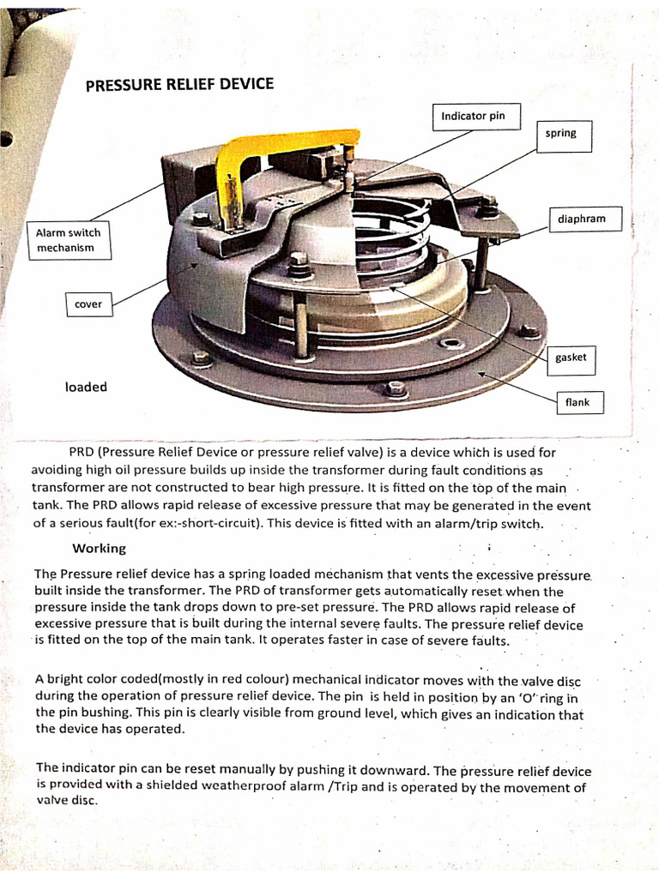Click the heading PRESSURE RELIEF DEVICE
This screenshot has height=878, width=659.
tap(180, 84)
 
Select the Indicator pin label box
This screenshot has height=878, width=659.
tap(473, 116)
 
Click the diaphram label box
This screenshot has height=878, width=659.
tap(581, 219)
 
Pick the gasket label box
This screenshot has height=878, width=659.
tap(571, 358)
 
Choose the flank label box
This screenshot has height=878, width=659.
tap(577, 402)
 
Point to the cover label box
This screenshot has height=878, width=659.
tap(88, 304)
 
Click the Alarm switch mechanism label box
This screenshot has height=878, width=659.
tap(68, 241)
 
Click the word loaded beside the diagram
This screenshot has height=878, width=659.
tap(86, 388)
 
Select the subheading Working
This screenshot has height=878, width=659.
tap(99, 548)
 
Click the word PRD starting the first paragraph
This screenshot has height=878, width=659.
tap(82, 452)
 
